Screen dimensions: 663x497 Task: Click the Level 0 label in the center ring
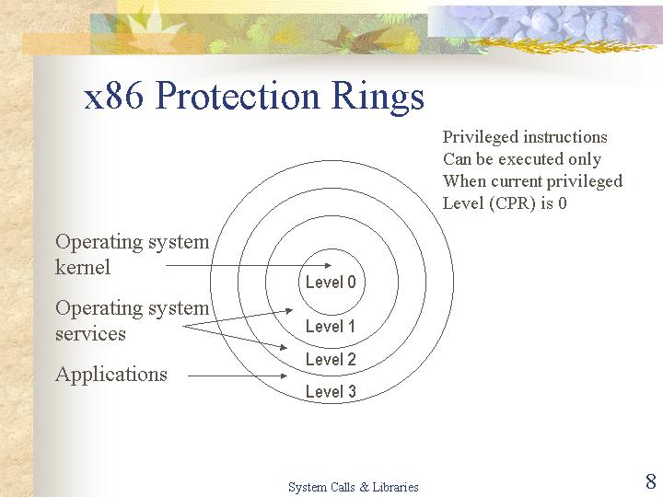click(x=331, y=283)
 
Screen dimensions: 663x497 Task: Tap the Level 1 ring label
click(x=331, y=326)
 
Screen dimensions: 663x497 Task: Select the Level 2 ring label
click(x=331, y=359)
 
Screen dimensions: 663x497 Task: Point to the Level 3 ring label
click(x=331, y=391)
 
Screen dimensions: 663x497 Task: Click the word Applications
click(x=111, y=375)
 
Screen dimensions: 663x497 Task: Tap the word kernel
click(x=83, y=267)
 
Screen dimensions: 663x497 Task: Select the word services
click(x=90, y=334)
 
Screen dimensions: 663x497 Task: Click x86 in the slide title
click(x=114, y=96)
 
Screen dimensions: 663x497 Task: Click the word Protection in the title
click(x=238, y=96)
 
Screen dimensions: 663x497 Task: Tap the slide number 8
click(x=651, y=481)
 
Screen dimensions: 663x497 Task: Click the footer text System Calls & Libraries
click(x=354, y=487)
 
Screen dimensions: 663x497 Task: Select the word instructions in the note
click(x=565, y=137)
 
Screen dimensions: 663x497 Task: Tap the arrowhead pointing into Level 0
click(x=328, y=265)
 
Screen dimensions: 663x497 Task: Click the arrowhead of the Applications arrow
click(x=284, y=376)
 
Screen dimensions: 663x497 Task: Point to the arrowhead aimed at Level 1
click(x=289, y=311)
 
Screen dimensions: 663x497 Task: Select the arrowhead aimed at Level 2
click(x=283, y=347)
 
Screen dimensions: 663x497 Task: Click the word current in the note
click(x=517, y=181)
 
